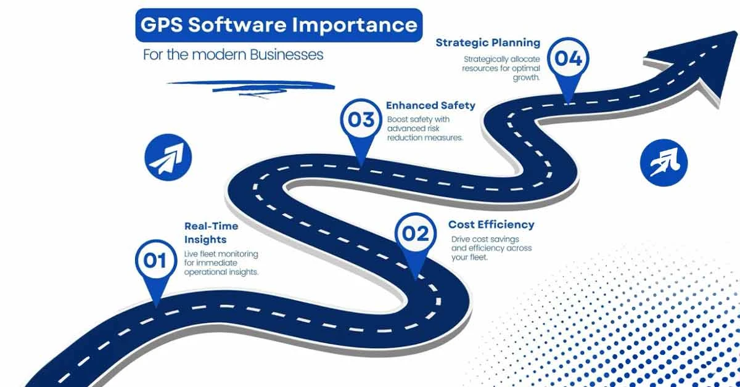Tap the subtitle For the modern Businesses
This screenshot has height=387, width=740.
[233, 54]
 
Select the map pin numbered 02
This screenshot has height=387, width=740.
[415, 234]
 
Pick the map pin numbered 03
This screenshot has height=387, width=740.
[361, 120]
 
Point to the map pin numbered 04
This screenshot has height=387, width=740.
[568, 59]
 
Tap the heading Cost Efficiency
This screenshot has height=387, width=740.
[491, 224]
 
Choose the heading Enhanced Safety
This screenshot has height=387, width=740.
[430, 105]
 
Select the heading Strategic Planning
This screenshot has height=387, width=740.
[488, 43]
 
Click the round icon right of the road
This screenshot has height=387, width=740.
[664, 162]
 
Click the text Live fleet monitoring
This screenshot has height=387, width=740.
[221, 254]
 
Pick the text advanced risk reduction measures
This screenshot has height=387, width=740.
[425, 133]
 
